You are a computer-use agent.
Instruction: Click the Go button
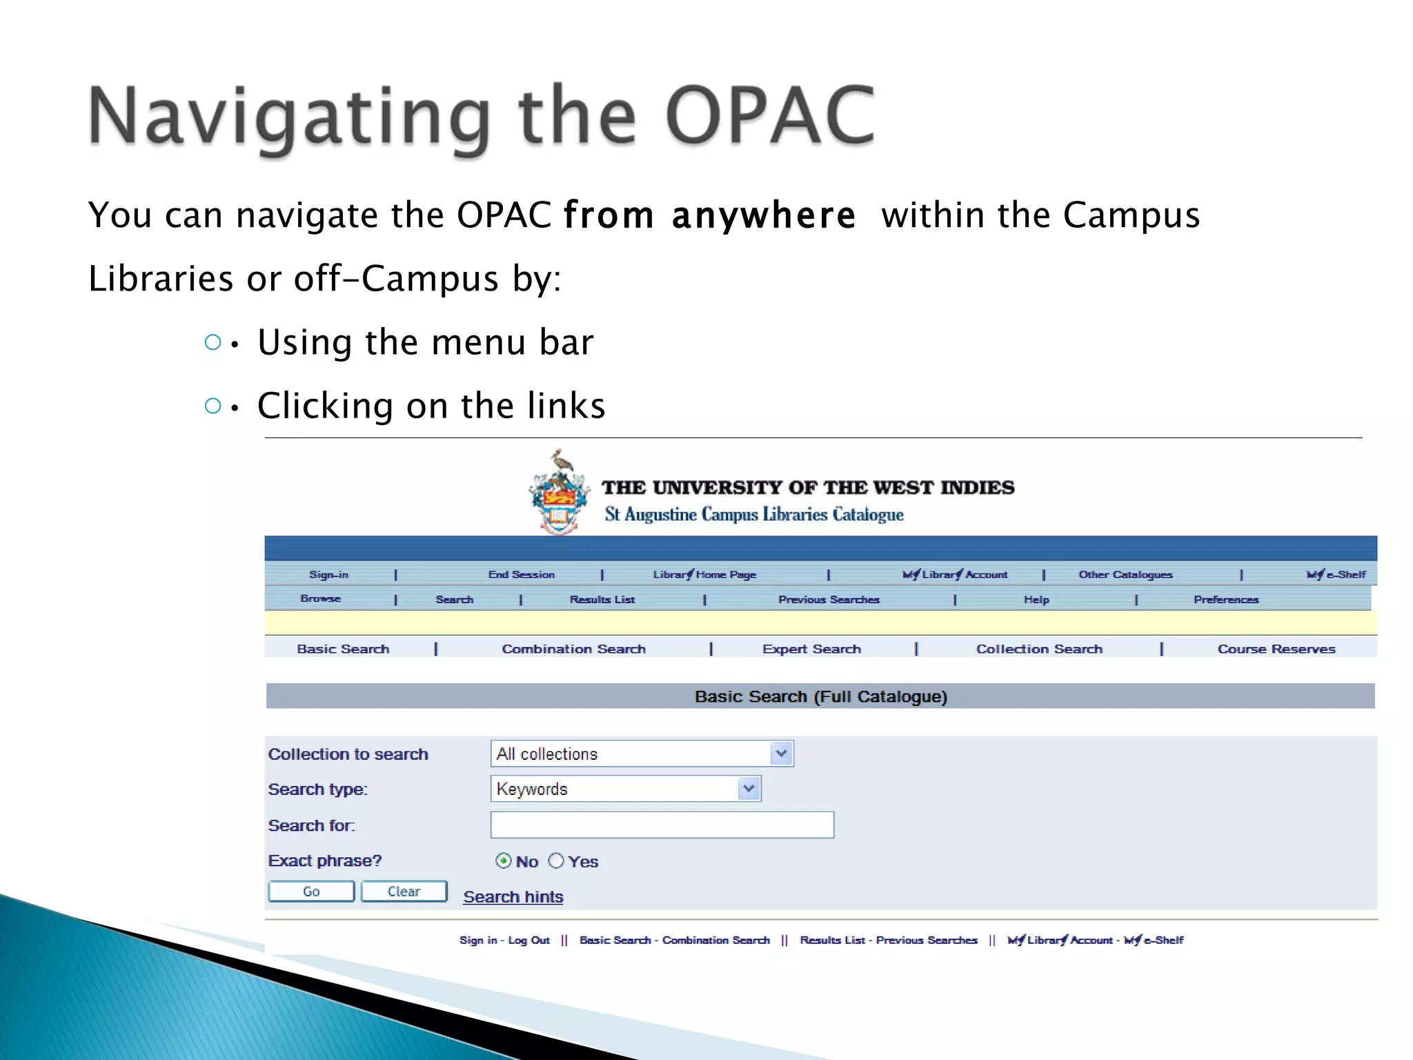click(x=311, y=891)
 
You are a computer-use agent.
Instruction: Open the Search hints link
click(x=513, y=896)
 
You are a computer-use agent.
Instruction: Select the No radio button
click(x=504, y=861)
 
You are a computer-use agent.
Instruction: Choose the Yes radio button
click(x=556, y=861)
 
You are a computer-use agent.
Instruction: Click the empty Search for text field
click(x=662, y=825)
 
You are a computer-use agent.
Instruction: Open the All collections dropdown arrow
click(x=781, y=754)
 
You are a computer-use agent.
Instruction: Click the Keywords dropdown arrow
click(x=749, y=788)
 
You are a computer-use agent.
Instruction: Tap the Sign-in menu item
click(x=328, y=574)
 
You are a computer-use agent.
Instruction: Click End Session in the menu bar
click(x=521, y=574)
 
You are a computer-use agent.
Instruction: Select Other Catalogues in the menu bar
click(x=1125, y=574)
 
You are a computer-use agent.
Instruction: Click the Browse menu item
click(x=320, y=598)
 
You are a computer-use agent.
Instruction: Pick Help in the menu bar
click(x=1036, y=600)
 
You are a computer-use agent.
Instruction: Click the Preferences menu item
click(x=1226, y=600)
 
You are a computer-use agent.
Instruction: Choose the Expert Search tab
click(x=811, y=649)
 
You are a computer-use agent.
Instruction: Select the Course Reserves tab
click(x=1276, y=649)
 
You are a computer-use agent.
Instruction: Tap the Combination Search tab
click(x=573, y=649)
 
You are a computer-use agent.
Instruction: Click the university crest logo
click(x=560, y=493)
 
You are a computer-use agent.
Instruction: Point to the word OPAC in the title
click(x=770, y=115)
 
